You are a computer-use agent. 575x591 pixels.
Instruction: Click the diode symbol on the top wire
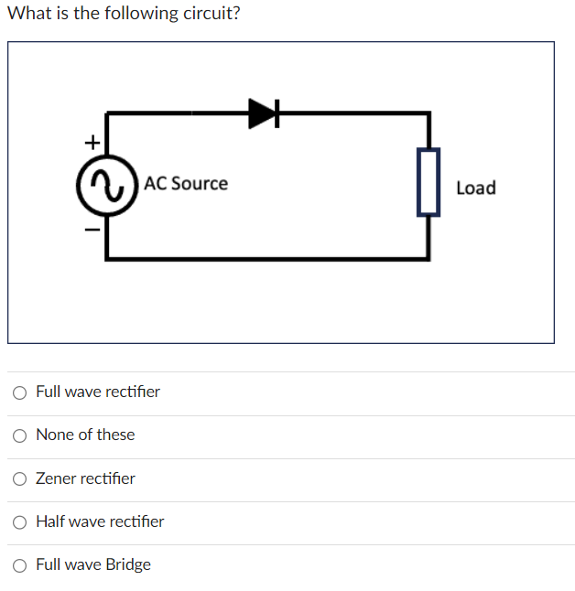[263, 113]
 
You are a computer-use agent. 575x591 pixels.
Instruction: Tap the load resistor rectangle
[429, 183]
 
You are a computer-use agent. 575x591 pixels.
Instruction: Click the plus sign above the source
[91, 142]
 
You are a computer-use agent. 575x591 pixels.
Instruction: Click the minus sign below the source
[91, 229]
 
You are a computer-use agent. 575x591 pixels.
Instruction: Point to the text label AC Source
[186, 183]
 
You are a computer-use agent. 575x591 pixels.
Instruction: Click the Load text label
[475, 188]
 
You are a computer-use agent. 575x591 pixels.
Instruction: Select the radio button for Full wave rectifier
[20, 392]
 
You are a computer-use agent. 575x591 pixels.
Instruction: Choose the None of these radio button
[20, 435]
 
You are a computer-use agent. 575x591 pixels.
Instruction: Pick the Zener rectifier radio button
[20, 478]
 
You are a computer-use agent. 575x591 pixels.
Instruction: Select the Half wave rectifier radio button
[20, 522]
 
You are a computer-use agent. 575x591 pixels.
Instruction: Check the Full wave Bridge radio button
[20, 565]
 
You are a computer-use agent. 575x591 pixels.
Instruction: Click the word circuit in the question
[209, 14]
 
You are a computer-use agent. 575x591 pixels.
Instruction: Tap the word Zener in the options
[56, 478]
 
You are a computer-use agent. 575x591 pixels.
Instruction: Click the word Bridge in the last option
[128, 564]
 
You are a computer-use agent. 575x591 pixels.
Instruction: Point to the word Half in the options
[50, 521]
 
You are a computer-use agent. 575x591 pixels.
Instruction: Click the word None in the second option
[54, 435]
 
